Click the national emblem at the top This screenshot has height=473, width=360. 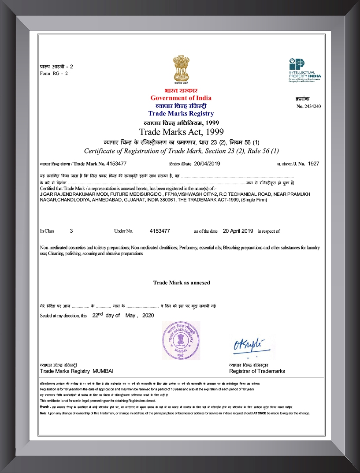tap(180, 70)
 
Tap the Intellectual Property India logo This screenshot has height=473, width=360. tap(304, 70)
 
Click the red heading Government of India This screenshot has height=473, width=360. tap(181, 98)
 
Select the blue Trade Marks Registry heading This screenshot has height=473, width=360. tap(181, 114)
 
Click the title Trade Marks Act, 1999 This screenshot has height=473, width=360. tap(181, 132)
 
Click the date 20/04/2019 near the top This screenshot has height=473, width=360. tap(207, 164)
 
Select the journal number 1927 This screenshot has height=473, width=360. tap(313, 164)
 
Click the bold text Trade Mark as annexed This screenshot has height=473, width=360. tap(181, 283)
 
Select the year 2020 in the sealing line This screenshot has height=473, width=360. tap(148, 316)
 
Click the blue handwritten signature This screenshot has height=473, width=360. tap(246, 345)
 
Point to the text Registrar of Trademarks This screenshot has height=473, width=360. tap(257, 371)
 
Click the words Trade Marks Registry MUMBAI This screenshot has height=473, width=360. tap(76, 371)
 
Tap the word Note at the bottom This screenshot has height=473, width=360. tap(43, 413)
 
